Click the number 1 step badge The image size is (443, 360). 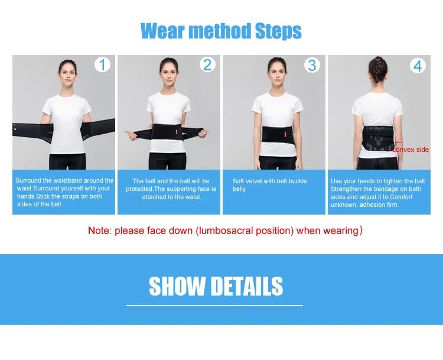point(102,65)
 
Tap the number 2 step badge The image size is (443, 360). point(207,65)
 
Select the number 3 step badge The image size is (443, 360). point(312,65)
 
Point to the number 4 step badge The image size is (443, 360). point(418,66)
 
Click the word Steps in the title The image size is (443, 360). point(278,31)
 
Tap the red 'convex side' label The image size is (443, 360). point(411,150)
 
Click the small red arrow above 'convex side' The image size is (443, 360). point(398,143)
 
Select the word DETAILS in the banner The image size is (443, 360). point(247,286)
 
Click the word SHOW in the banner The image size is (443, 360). point(177,286)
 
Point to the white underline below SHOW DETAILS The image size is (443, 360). point(214,306)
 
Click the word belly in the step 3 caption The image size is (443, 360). point(239,189)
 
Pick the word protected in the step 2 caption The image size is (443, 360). point(139,189)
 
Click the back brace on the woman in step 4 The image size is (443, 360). point(379,138)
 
